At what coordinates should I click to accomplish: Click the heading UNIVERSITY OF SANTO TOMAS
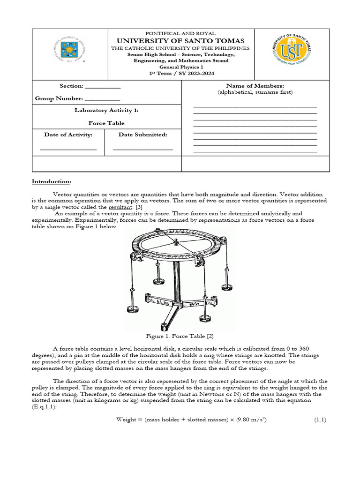coord(180,41)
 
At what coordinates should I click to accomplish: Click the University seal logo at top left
coord(69,52)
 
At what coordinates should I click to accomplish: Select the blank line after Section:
coord(103,87)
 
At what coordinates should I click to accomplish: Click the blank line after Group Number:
coord(102,100)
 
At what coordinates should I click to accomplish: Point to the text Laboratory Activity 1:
coord(106,111)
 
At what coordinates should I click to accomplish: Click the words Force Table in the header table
coord(106,123)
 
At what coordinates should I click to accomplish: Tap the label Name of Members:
coord(255,86)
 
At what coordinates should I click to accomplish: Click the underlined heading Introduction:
coord(52,181)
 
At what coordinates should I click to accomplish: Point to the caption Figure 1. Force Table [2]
coord(180,336)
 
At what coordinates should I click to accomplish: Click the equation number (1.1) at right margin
coord(320,420)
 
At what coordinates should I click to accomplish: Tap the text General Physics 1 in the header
coord(180,67)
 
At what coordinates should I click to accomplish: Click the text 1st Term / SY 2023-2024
coord(180,74)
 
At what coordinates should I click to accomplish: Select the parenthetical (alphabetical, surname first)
coord(255,92)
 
